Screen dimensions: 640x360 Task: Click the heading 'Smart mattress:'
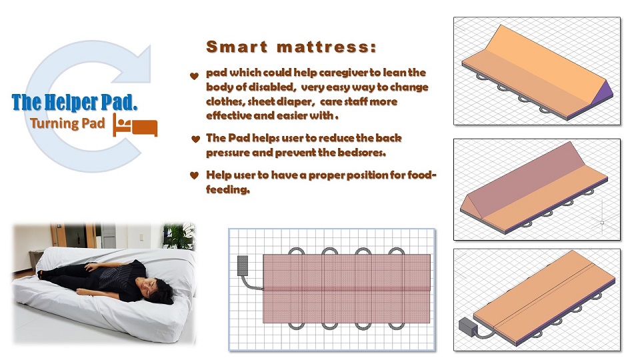291,47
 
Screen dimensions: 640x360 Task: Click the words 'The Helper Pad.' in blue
74,102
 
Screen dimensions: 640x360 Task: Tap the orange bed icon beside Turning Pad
135,125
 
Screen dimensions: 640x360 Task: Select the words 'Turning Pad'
67,123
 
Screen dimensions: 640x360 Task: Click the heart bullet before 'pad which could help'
194,75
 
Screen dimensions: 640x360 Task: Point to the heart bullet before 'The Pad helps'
195,139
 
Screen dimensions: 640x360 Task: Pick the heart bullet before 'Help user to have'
194,175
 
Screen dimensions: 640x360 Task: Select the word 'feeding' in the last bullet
227,189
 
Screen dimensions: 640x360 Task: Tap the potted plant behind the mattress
179,235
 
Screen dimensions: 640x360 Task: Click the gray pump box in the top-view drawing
243,265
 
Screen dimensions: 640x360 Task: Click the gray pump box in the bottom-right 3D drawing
468,327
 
